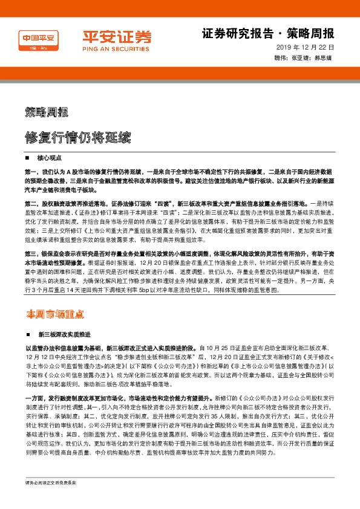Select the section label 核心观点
[50, 157]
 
